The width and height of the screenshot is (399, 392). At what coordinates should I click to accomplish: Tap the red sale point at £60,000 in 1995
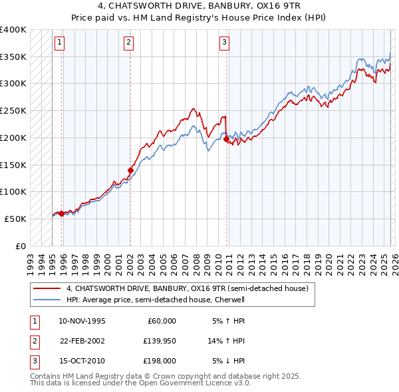[x=61, y=213]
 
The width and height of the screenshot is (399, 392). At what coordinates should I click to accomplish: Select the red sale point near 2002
[x=130, y=170]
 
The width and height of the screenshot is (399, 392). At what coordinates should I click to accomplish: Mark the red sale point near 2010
[x=226, y=139]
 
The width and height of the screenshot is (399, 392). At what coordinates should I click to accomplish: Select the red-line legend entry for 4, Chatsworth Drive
[x=187, y=289]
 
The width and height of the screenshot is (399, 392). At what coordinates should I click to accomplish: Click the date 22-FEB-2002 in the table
[x=82, y=341]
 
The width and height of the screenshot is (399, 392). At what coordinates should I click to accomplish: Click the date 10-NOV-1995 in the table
[x=82, y=321]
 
